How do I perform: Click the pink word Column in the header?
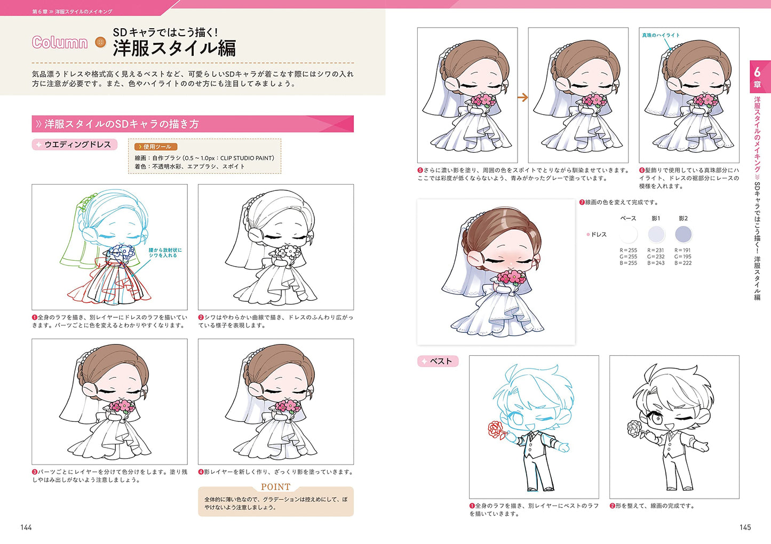(60, 43)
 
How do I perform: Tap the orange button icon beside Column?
(100, 42)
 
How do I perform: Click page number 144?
(26, 527)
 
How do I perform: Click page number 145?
(745, 527)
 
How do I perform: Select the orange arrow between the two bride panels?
(522, 98)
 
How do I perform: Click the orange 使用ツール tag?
(156, 147)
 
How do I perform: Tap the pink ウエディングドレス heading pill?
(74, 145)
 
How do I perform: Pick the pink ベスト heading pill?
(438, 361)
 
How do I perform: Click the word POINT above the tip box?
(276, 487)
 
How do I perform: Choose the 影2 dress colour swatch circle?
(683, 234)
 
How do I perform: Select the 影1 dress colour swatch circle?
(656, 234)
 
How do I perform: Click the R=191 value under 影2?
(683, 250)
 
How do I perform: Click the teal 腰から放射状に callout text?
(165, 250)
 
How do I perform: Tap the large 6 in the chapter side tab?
(757, 72)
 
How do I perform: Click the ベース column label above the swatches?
(628, 219)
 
